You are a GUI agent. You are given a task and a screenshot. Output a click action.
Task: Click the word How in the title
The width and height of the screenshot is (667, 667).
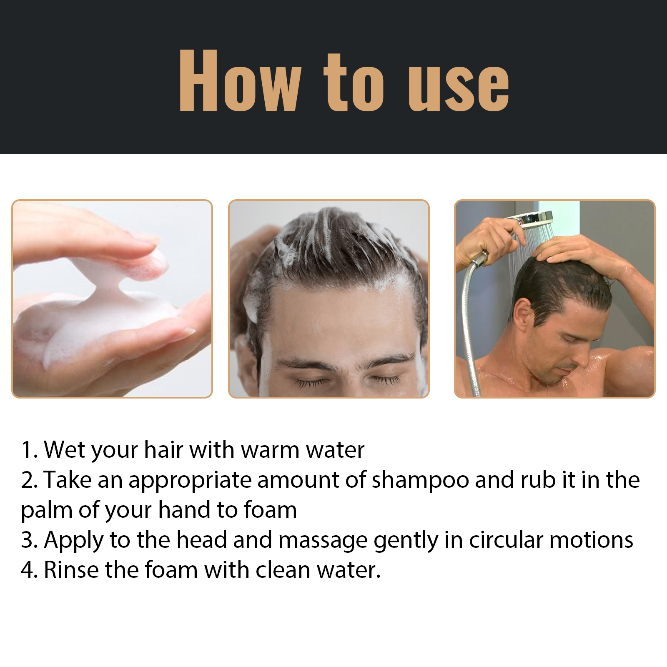pos(240,81)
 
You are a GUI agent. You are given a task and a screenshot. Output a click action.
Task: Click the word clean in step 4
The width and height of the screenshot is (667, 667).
pos(283,570)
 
